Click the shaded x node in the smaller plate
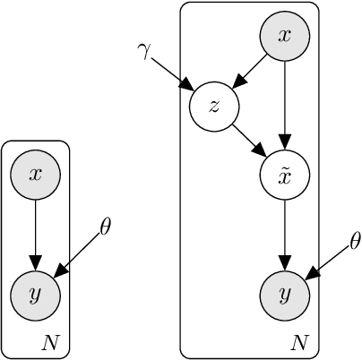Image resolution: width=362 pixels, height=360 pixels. pos(35,175)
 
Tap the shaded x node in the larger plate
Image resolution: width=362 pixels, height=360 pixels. pos(285,37)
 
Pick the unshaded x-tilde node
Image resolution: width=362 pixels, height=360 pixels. pos(285,176)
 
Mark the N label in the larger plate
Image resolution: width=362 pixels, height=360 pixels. pos(300,341)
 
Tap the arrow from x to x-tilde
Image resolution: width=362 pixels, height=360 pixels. pos(285,106)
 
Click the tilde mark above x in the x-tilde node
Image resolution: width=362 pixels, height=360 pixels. pos(285,167)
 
